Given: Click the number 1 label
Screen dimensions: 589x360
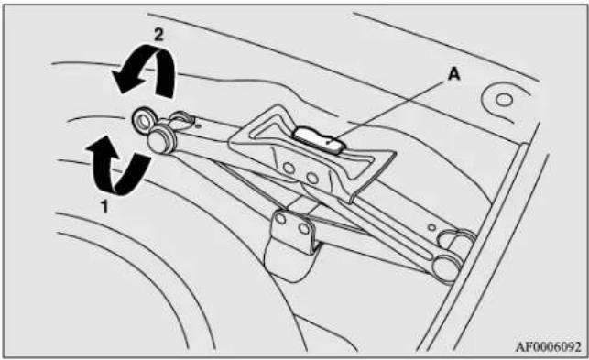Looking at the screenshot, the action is point(104,206).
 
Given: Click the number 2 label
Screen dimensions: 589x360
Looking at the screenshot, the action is point(158,35).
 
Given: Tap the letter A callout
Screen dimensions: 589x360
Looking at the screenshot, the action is point(453,75).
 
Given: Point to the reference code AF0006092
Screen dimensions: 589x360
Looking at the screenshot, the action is point(548,347).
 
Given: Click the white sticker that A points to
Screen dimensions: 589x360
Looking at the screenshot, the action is point(319,140).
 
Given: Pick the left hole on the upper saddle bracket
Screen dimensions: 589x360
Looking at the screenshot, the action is point(289,169).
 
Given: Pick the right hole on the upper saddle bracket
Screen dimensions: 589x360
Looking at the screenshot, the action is point(312,177).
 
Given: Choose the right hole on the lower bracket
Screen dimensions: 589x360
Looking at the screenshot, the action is point(303,228).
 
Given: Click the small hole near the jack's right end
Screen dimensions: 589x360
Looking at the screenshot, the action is point(432,227).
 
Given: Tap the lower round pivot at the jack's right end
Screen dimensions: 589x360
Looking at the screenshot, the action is point(447,267).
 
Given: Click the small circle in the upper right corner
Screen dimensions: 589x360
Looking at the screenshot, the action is point(504,100).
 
